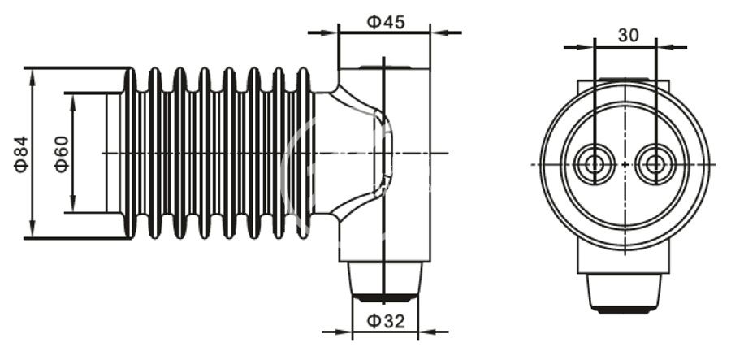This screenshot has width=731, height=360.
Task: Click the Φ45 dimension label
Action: coord(385,22)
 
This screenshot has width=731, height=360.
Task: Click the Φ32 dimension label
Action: coord(385,321)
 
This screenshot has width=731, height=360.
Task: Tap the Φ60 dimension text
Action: coord(62,153)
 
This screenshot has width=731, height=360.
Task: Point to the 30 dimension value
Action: coord(627,35)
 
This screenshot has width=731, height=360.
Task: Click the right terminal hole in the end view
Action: coord(655,164)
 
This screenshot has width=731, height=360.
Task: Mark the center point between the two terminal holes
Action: coord(625,164)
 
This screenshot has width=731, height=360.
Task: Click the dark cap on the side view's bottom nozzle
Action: coord(385,296)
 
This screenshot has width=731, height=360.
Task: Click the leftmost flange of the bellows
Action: coord(129,153)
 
